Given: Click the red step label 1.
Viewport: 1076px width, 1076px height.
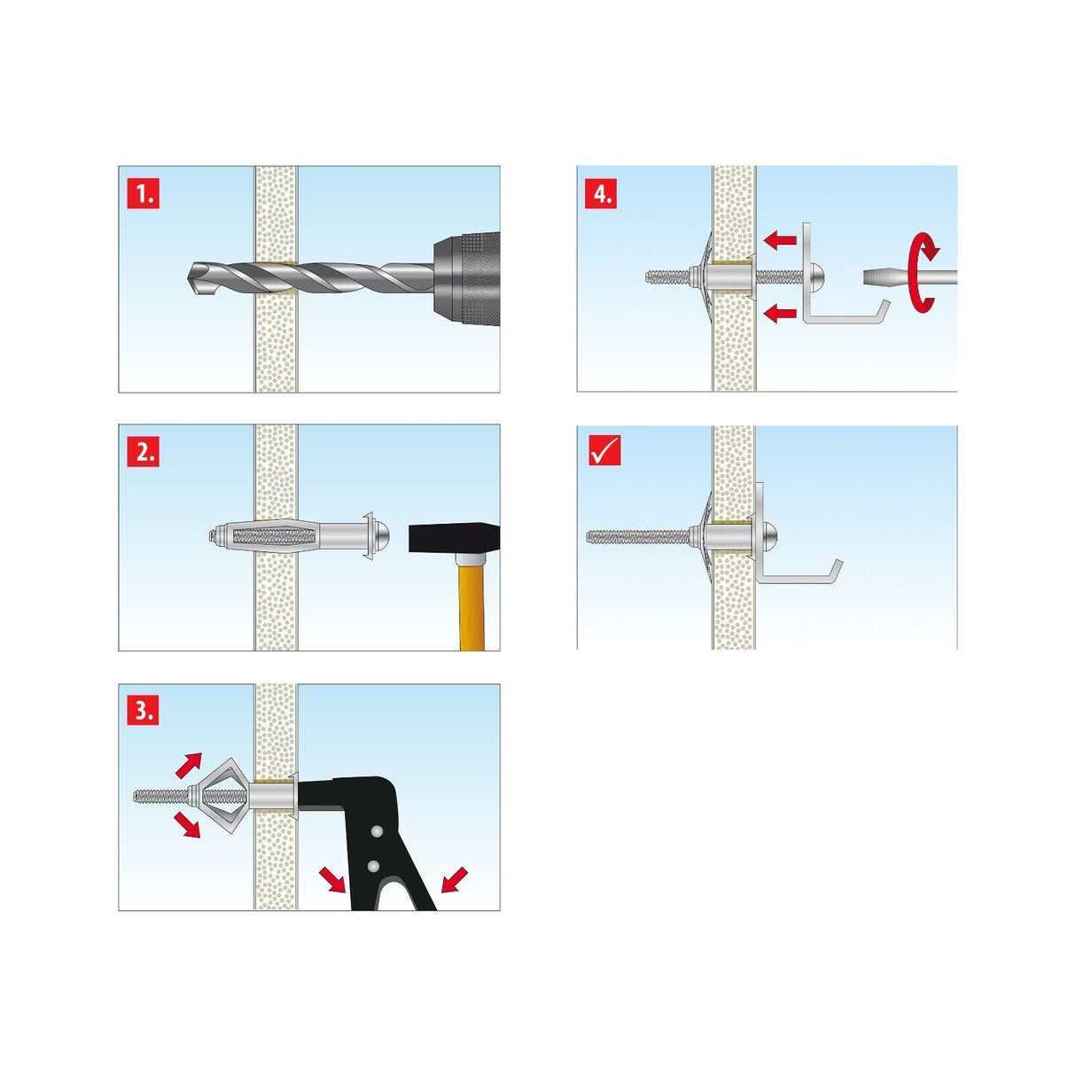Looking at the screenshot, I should [x=142, y=193].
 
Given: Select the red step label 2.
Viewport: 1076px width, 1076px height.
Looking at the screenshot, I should [x=142, y=452].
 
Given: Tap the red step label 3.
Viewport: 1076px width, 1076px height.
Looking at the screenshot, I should [x=142, y=711].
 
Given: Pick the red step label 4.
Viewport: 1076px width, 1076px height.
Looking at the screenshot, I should [x=600, y=193].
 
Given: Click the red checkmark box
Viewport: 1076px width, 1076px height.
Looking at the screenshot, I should [x=604, y=450].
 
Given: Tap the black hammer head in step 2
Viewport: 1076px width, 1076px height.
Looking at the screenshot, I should [x=453, y=538].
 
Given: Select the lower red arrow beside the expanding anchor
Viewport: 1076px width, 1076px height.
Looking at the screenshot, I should [x=187, y=824].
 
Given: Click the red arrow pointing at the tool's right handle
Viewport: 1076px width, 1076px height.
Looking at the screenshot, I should [x=453, y=880].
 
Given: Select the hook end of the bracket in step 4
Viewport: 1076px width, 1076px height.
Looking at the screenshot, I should [x=880, y=314].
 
